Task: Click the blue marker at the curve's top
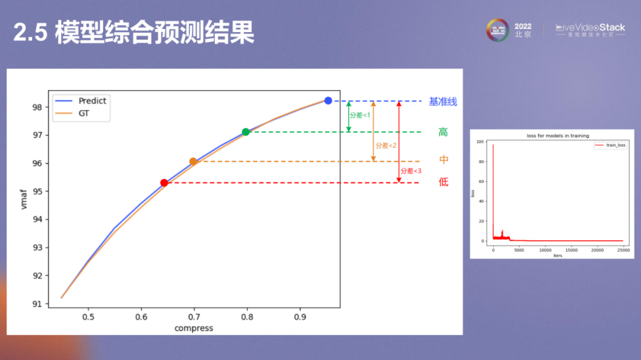[x=328, y=101]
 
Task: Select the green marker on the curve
[x=246, y=132]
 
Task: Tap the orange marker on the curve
[x=193, y=161]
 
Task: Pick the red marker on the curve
[x=164, y=183]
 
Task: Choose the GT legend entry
[x=84, y=113]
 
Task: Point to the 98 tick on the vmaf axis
[x=37, y=107]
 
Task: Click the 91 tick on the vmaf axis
[x=37, y=304]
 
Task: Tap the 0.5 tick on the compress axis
[x=88, y=317]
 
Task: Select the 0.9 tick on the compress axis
[x=300, y=317]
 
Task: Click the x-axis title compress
[x=193, y=328]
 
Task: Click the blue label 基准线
[x=443, y=101]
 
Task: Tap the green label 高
[x=443, y=132]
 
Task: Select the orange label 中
[x=443, y=160]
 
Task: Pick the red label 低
[x=443, y=182]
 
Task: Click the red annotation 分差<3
[x=411, y=171]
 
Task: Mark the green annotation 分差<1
[x=360, y=115]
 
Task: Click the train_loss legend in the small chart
[x=611, y=145]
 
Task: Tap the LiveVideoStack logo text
[x=590, y=28]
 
